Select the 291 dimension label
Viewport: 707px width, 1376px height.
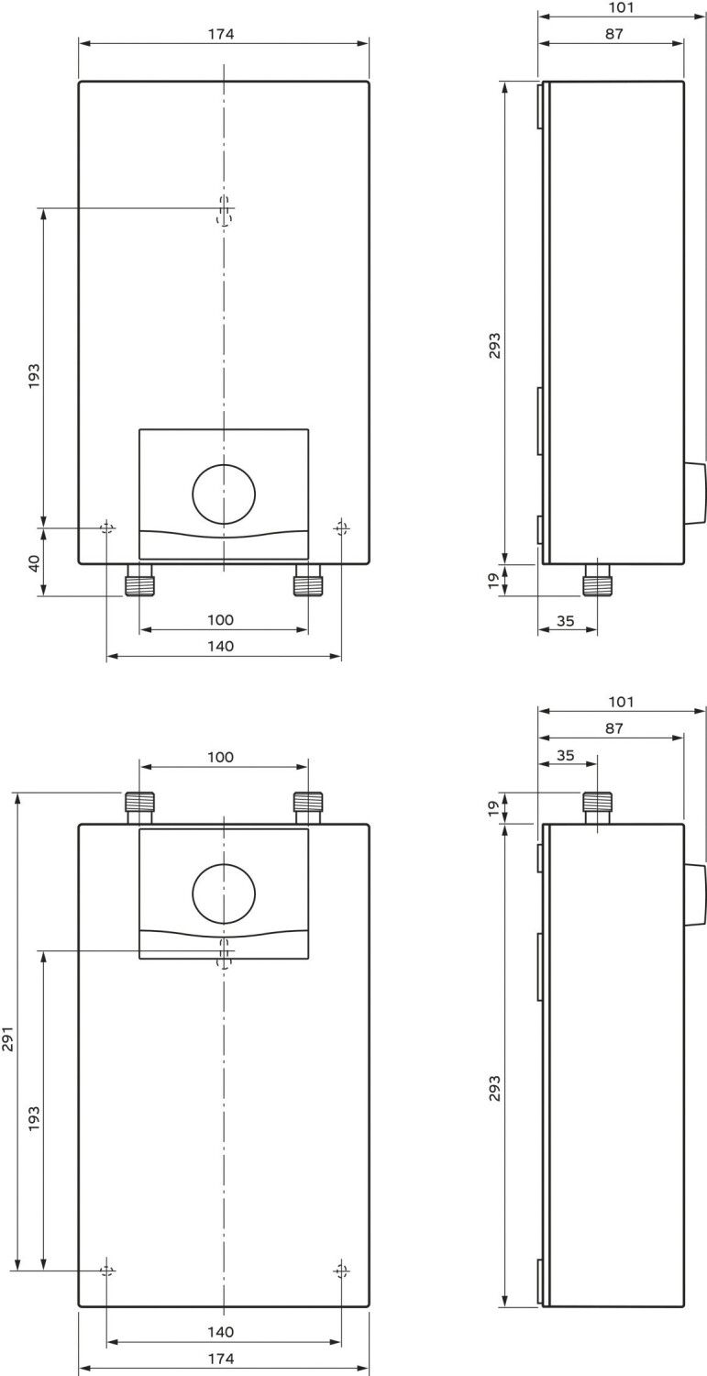8,1038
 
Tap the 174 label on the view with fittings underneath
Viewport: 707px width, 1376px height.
221,34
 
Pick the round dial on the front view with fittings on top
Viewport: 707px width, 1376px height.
223,893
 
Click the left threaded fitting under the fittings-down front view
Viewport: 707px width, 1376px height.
138,581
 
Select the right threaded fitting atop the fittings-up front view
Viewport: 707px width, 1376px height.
307,807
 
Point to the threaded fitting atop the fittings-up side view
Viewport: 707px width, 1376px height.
597,807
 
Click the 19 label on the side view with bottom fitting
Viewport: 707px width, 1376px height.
492,580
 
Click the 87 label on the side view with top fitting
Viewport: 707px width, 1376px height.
613,728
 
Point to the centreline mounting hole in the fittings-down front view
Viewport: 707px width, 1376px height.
224,210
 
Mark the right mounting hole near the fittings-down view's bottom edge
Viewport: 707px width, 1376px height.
341,528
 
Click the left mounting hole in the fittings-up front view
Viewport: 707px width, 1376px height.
107,1271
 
